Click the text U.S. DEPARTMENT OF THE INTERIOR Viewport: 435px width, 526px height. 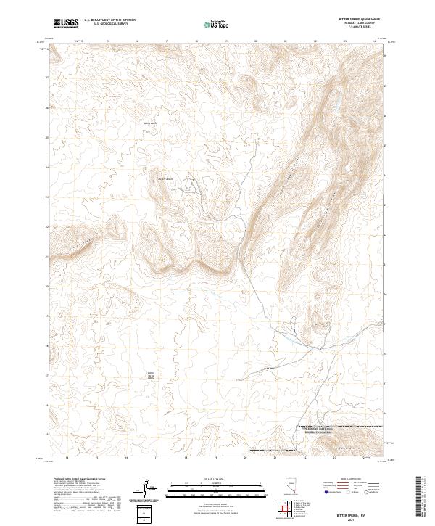tap(109, 21)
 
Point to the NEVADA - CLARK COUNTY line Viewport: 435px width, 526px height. tap(353, 25)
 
